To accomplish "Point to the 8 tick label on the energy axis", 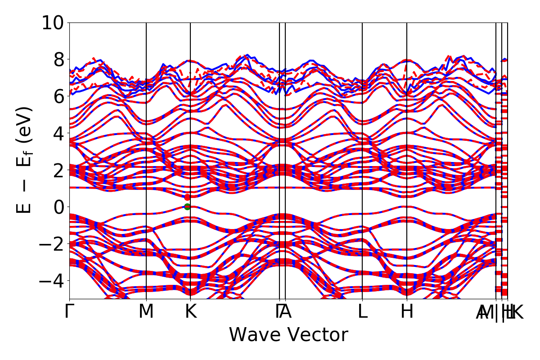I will coord(59,59).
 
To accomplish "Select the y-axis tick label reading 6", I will coord(59,96).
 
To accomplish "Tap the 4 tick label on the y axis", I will coord(59,133).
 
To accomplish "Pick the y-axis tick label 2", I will coord(59,170).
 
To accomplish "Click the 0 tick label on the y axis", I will coord(59,207).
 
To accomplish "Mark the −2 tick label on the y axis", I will coord(53,244).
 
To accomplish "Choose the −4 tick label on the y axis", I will coord(53,281).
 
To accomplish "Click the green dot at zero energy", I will coord(187,207).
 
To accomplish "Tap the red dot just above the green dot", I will coord(187,197).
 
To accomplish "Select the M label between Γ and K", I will coord(146,312).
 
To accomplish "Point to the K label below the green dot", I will coord(190,312).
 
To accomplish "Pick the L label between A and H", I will coord(362,312).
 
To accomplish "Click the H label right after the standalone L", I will coord(407,312).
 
